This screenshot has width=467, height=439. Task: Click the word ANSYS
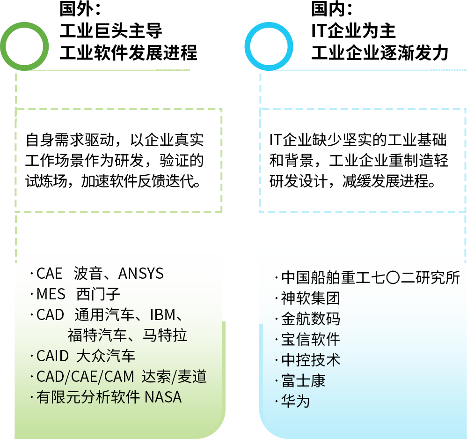click(x=141, y=273)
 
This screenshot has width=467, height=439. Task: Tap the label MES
click(x=51, y=294)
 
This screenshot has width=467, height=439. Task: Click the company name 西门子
click(x=98, y=294)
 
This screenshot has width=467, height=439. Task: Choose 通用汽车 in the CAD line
click(x=101, y=314)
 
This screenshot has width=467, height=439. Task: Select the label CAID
click(x=52, y=356)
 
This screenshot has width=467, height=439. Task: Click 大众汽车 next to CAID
click(x=106, y=356)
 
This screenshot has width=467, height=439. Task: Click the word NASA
click(x=163, y=397)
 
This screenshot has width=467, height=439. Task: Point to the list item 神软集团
click(x=310, y=298)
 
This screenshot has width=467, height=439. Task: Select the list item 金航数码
click(x=310, y=319)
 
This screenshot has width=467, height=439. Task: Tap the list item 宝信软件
click(x=310, y=340)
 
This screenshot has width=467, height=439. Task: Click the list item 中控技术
click(x=310, y=360)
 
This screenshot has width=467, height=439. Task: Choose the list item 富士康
click(x=303, y=381)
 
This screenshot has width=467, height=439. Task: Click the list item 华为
click(x=295, y=402)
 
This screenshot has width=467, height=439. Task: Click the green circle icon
click(x=25, y=46)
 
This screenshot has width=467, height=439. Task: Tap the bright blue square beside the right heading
click(x=269, y=46)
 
